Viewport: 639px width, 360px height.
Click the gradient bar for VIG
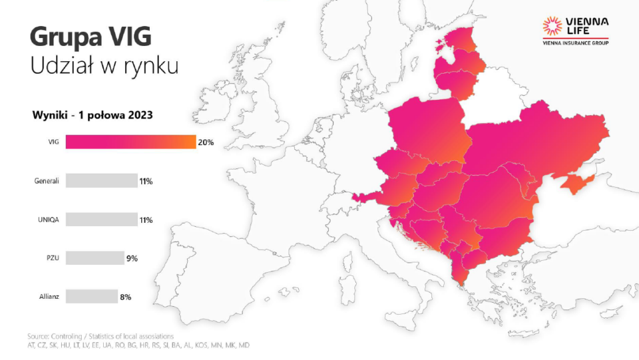coord(131,142)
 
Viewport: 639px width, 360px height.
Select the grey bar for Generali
coord(101,180)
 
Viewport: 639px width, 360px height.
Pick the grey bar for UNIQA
coord(101,219)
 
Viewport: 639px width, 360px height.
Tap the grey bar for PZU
coord(95,258)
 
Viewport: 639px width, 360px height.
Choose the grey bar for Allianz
coord(91,297)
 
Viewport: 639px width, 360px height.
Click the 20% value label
coord(206,142)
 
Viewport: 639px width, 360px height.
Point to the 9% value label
coord(132,258)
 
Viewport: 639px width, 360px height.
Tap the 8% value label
coord(125,297)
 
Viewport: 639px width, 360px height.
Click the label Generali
coord(47,181)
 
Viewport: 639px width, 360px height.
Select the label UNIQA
coord(48,220)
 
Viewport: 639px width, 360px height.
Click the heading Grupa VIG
coord(86,37)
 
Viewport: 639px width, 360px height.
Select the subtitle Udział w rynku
coord(104,67)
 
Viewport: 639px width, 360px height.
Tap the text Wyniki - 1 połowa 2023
coord(93,114)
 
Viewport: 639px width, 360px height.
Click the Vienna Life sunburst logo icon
coord(552,26)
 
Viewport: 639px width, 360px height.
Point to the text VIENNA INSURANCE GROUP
coord(575,43)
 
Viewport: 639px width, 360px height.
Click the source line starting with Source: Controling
coord(100,336)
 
